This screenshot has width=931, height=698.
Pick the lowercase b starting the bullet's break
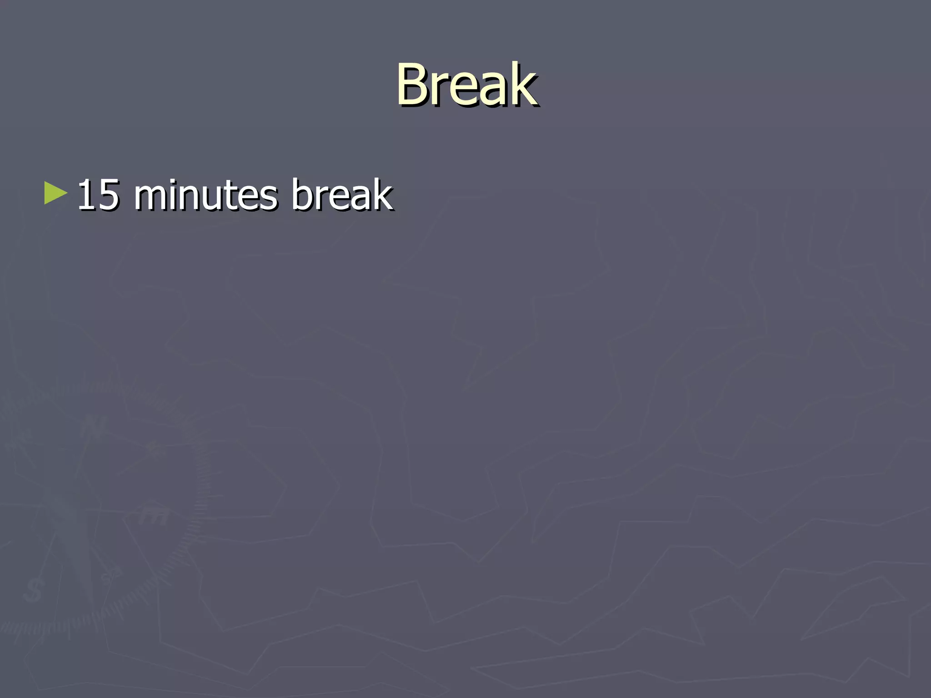click(300, 194)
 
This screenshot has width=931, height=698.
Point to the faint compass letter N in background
click(94, 427)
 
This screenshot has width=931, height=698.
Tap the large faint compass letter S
click(33, 590)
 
